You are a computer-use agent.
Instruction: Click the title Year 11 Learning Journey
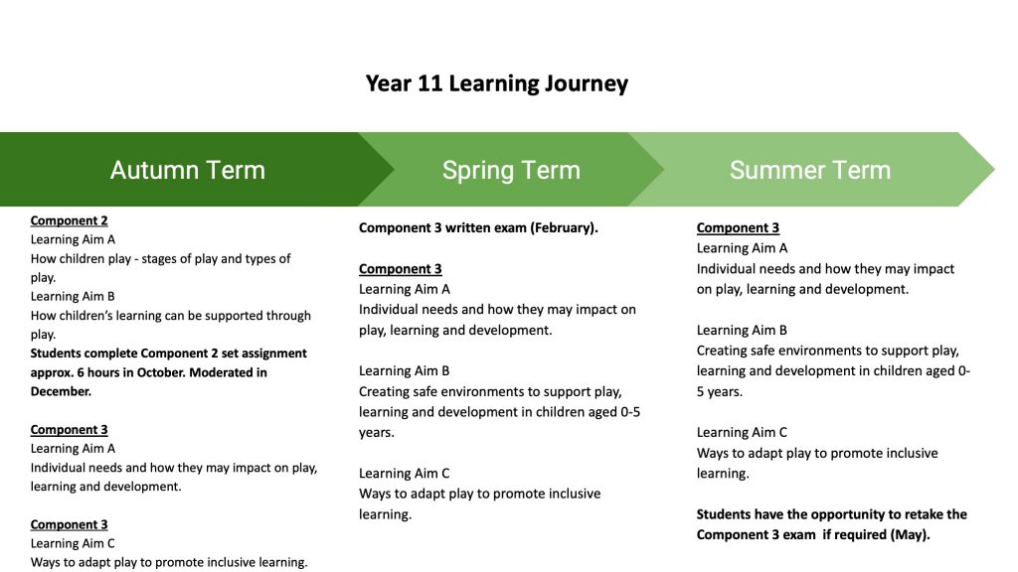496,83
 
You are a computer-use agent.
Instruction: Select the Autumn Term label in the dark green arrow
187,170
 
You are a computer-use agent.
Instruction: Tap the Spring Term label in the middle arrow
511,170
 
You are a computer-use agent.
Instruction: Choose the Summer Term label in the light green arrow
810,170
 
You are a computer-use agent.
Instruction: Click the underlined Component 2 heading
69,220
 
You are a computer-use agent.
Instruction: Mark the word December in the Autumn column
62,391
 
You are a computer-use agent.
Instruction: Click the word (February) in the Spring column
563,227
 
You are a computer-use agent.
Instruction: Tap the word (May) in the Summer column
913,534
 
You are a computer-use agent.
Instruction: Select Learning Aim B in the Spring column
405,370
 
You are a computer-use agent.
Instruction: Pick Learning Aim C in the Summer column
742,432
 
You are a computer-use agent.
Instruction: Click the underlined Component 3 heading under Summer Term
738,227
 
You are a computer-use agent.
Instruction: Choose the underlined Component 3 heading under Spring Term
400,268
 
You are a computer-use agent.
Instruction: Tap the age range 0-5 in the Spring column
622,411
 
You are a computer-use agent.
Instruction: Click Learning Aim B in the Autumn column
73,296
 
